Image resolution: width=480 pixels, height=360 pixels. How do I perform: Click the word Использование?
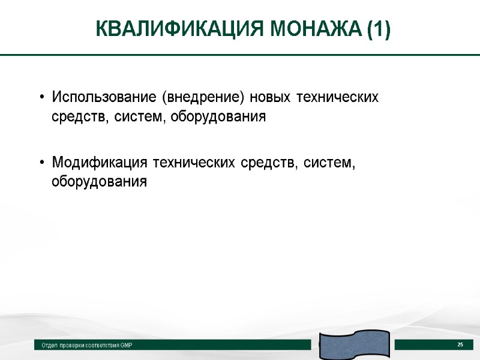pos(104,97)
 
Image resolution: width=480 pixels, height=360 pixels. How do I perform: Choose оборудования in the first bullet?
pos(218,117)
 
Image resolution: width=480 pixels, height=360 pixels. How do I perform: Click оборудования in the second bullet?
pos(99,181)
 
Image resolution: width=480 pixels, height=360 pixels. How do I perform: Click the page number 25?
pos(460,344)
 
